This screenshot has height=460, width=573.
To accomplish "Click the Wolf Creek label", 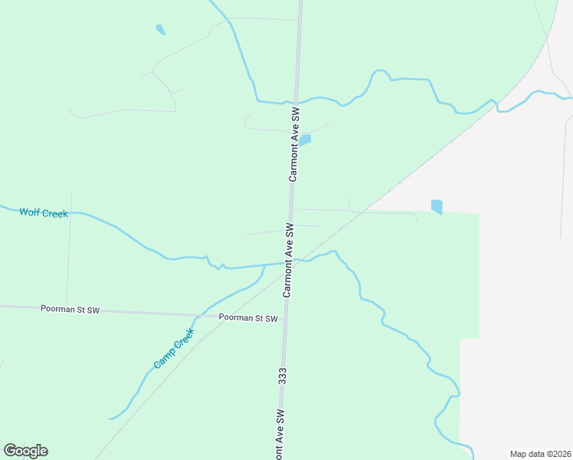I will [44, 212].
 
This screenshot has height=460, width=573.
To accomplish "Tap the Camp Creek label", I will [174, 348].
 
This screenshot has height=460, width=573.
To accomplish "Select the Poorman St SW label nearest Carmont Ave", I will [247, 317].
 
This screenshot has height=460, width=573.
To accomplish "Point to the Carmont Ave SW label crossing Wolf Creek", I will [289, 260].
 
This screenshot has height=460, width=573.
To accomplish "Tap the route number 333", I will [283, 376].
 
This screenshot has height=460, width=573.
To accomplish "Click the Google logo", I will [25, 451].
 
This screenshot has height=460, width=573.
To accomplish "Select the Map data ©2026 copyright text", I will [541, 453].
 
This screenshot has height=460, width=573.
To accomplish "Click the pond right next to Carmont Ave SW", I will [305, 140].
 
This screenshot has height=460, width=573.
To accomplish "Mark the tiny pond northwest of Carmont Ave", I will [160, 30].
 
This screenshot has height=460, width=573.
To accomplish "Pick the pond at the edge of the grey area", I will [437, 206].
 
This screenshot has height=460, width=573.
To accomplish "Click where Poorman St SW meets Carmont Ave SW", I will [285, 316].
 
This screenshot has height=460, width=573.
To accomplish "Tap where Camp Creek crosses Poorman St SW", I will [201, 314].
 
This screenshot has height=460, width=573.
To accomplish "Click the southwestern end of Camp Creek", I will [112, 419].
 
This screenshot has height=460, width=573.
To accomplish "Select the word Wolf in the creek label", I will [30, 212].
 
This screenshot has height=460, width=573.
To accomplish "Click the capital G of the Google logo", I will [10, 451].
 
